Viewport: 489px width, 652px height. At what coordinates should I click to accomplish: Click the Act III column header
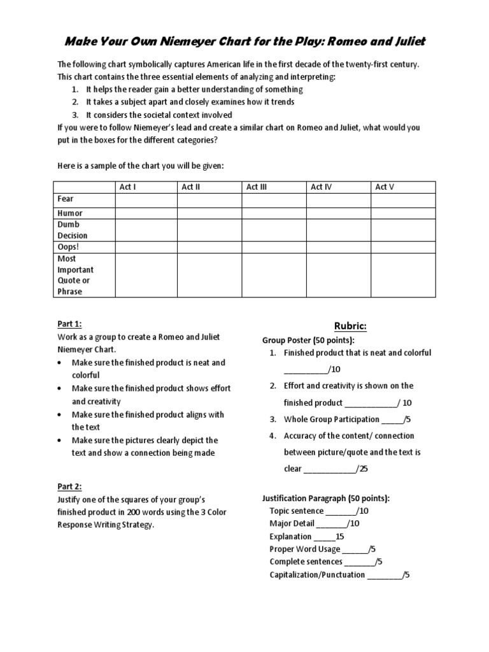pos(257,187)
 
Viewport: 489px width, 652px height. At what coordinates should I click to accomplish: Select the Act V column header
pos(385,187)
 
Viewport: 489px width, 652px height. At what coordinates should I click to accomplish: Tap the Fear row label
pos(66,199)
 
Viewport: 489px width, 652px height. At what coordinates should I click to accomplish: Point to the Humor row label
pos(70,213)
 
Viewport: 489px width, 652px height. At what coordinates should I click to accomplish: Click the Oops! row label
pos(67,247)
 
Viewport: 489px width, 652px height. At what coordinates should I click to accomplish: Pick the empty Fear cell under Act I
pos(146,200)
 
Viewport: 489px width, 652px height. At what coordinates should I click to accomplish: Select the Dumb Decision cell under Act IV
pos(338,230)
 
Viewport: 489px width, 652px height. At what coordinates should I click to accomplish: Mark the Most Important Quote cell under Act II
pos(209,275)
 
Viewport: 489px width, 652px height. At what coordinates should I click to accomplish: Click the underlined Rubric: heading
pos(351,326)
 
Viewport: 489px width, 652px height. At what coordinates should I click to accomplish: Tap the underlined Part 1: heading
pos(69,323)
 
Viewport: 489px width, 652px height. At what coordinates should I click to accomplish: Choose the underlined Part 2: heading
pos(69,486)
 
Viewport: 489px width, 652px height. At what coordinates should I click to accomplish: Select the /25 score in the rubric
pos(362,469)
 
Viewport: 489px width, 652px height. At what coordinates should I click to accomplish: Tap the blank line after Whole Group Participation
pos(393,420)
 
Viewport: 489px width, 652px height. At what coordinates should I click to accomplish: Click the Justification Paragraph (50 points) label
pos(327,498)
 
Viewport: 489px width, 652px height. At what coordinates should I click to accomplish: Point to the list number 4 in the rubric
pos(272,436)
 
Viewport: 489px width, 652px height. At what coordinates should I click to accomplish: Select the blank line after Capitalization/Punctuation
pos(385,575)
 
